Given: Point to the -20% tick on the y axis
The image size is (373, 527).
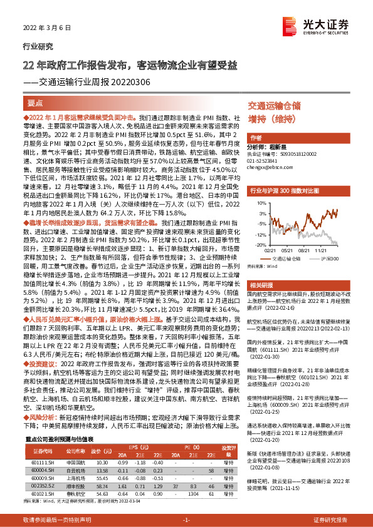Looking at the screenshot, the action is [254, 243].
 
